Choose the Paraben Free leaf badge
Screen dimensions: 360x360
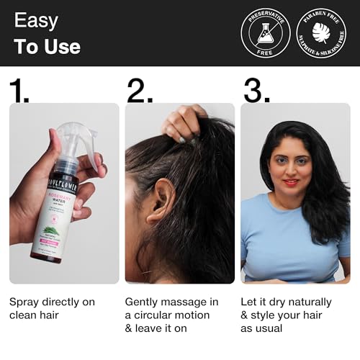pyautogui.click(x=320, y=33)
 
